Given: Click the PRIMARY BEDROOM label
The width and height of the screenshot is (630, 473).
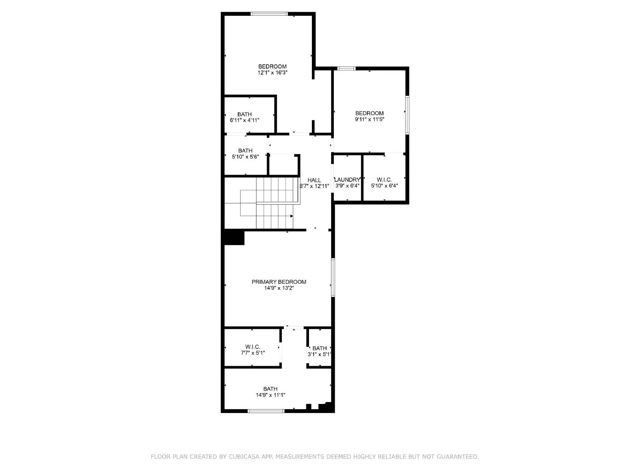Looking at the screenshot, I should pyautogui.click(x=279, y=282).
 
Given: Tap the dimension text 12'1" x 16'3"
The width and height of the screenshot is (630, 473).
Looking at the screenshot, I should pyautogui.click(x=272, y=73).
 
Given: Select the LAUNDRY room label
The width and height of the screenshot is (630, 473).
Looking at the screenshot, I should pyautogui.click(x=347, y=180).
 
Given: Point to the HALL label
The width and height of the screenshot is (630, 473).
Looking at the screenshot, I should pyautogui.click(x=314, y=180).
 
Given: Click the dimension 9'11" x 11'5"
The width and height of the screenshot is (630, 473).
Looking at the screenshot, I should pyautogui.click(x=369, y=119).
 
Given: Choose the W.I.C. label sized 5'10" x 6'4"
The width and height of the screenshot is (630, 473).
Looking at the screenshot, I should pyautogui.click(x=384, y=180).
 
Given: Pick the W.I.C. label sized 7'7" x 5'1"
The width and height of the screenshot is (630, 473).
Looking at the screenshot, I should pyautogui.click(x=252, y=347).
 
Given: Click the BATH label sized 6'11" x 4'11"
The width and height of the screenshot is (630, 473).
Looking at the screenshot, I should pyautogui.click(x=245, y=114).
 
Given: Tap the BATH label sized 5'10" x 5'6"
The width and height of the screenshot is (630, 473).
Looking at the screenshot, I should pyautogui.click(x=245, y=151).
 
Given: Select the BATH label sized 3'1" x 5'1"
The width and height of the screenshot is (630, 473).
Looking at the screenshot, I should pyautogui.click(x=319, y=348).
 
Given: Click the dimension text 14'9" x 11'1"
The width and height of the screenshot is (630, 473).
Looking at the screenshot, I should pyautogui.click(x=271, y=395).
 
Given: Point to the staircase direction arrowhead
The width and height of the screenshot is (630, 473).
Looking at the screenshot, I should pyautogui.click(x=292, y=216).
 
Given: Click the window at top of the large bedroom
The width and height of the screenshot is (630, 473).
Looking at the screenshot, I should pyautogui.click(x=269, y=14).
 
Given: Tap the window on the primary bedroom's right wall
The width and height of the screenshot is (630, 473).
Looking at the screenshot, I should pyautogui.click(x=333, y=277).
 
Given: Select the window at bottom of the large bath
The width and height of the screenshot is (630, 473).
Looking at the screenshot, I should pyautogui.click(x=266, y=411).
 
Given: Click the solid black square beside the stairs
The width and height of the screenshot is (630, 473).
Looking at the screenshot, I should pyautogui.click(x=234, y=238).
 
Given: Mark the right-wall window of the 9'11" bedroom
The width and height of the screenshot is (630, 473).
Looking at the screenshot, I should pyautogui.click(x=408, y=115).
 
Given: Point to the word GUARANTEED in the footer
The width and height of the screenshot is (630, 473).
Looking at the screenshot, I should pyautogui.click(x=458, y=457).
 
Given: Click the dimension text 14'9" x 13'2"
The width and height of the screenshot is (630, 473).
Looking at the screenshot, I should pyautogui.click(x=279, y=288).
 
